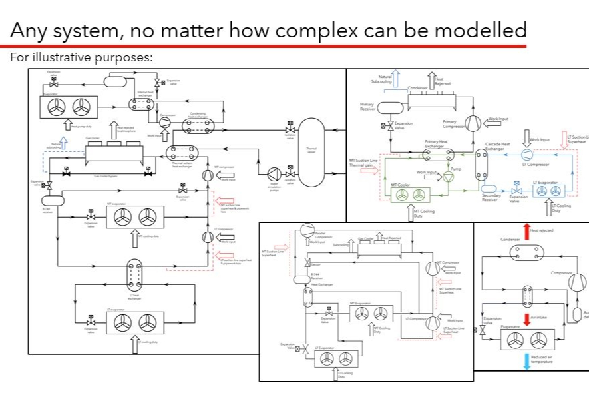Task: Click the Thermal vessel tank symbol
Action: click(310, 152)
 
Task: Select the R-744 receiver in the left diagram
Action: click(49, 200)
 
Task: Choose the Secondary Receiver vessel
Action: click(490, 189)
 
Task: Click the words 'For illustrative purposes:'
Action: click(81, 57)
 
